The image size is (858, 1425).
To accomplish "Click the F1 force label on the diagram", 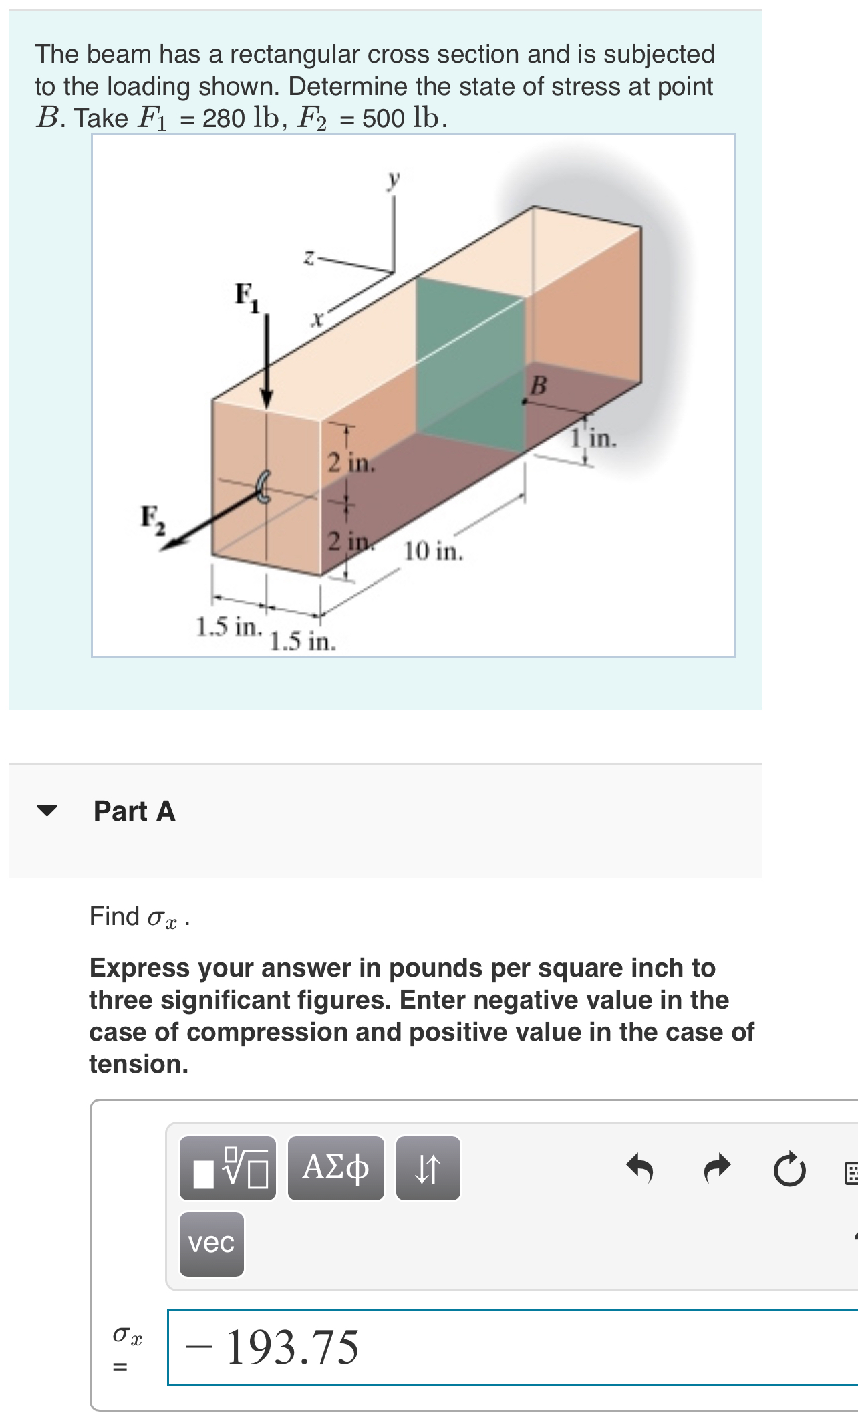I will tap(246, 296).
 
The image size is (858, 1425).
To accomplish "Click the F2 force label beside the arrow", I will tap(152, 519).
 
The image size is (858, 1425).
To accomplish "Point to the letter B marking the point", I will tap(538, 385).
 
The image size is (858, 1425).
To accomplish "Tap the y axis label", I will tap(394, 178).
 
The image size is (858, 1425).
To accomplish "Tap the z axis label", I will tap(309, 257).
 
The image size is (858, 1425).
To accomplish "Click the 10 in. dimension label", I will tap(433, 551).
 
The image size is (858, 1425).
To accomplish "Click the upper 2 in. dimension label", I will tap(350, 463).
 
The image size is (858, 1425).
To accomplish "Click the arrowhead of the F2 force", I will tap(170, 545).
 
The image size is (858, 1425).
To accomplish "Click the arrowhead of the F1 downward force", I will tap(267, 400).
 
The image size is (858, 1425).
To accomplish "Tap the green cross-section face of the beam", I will tap(470, 364).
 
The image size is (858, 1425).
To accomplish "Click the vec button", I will tap(211, 1243).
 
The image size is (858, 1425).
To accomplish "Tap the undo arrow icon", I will tap(639, 1168).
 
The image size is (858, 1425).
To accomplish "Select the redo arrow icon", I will tap(717, 1168).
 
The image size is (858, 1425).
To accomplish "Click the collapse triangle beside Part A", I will tap(47, 811).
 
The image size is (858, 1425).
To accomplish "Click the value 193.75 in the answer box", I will tap(292, 1347).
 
